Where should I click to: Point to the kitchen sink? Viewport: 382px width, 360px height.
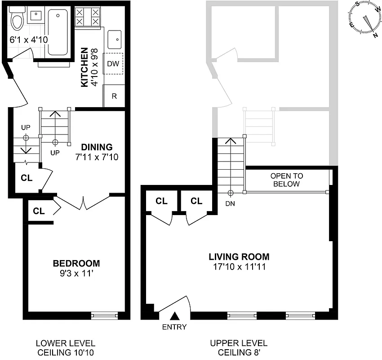point(114,39)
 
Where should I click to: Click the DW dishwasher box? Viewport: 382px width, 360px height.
point(113,64)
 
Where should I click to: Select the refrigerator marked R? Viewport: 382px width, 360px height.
point(114,96)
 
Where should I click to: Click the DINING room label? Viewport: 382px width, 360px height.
point(96,147)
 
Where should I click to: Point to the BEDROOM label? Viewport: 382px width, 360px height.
point(76,263)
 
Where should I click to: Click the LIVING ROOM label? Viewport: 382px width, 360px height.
point(239,257)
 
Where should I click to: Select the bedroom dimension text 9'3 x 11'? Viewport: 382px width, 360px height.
point(76,273)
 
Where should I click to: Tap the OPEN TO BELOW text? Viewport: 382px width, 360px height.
point(286,180)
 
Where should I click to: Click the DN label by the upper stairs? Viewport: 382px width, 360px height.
point(231,203)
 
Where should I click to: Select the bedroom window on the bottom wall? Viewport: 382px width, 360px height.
point(104,316)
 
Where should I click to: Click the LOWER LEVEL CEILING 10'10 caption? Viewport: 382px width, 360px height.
point(66,347)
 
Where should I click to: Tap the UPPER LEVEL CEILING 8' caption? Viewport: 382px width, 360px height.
point(239,347)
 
